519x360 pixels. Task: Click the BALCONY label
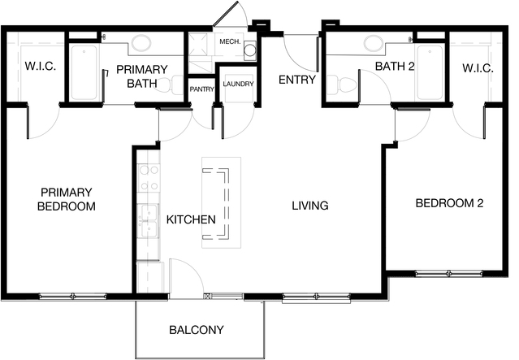197,330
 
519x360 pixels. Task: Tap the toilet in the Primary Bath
170,85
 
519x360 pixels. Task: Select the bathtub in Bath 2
430,72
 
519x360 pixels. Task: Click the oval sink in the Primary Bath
141,43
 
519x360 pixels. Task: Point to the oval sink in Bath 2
374,43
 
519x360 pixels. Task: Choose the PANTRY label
202,89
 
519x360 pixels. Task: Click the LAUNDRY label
238,85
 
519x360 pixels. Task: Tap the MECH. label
230,42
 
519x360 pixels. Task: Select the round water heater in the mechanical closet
250,50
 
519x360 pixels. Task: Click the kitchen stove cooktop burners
149,178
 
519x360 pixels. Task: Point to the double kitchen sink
149,221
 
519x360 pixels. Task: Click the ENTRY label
297,80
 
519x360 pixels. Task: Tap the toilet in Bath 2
342,84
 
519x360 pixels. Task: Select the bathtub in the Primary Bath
84,72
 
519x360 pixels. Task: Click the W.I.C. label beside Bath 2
478,68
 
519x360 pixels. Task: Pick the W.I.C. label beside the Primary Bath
41,66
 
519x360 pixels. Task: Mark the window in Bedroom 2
449,274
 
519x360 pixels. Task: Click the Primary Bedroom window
73,296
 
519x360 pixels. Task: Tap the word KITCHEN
191,219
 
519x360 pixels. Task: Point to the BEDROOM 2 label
449,203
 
